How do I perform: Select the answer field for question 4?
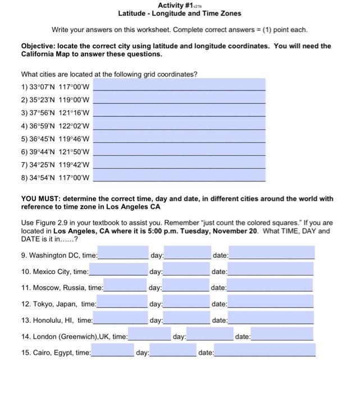tap(179, 125)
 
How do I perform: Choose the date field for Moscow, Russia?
tap(271, 287)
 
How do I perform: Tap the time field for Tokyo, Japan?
tap(122, 303)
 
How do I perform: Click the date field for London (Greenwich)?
tap(282, 336)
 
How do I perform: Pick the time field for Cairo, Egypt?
tap(112, 352)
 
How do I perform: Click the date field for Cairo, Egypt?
tap(265, 352)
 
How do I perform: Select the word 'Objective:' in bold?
tap(39, 46)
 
